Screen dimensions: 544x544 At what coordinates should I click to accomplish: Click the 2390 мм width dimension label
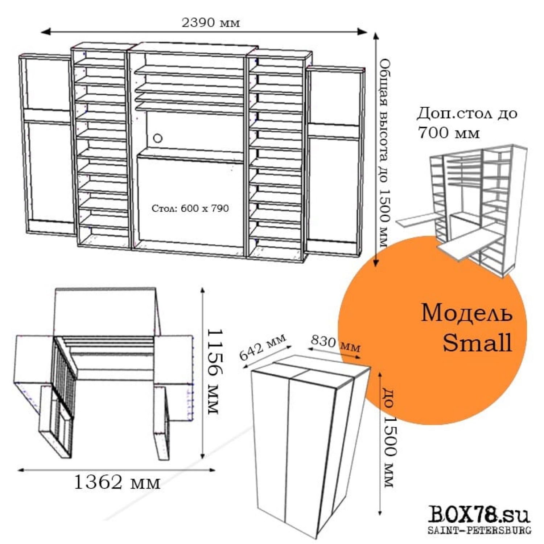coord(210,23)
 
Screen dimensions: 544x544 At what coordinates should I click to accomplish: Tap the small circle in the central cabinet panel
coord(158,138)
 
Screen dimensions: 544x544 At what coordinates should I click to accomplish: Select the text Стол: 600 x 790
coord(190,208)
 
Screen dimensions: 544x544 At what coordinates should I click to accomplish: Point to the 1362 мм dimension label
coord(117,482)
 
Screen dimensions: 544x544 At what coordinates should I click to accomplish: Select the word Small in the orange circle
coord(477,342)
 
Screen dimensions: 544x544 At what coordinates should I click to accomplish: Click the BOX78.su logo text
coord(479,515)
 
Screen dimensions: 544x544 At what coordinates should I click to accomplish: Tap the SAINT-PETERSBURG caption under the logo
coord(479,530)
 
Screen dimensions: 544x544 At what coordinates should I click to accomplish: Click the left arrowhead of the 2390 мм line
coord(46,32)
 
